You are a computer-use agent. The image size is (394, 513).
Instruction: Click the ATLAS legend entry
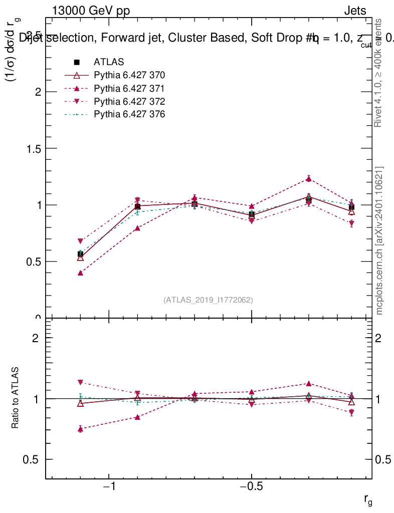[109, 62]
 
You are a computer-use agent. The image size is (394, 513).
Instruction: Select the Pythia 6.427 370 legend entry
[129, 75]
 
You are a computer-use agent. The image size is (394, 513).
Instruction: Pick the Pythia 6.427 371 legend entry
[129, 88]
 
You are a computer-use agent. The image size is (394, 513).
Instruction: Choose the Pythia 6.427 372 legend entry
[129, 101]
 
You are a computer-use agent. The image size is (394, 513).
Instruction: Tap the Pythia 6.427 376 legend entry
[129, 114]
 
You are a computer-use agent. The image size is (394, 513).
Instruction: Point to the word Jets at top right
[355, 11]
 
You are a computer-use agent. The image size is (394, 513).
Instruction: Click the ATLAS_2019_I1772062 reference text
[208, 300]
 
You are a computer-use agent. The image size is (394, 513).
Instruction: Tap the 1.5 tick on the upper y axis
[33, 149]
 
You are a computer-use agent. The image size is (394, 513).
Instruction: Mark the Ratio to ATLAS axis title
[16, 398]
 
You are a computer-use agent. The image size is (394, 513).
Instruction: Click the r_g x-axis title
[368, 499]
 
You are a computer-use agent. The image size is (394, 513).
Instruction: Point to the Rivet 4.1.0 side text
[379, 73]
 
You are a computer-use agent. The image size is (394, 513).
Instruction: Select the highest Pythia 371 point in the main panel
[309, 179]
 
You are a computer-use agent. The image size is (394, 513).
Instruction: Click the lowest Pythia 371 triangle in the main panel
[80, 273]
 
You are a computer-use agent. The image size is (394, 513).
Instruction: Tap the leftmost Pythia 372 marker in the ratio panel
[80, 382]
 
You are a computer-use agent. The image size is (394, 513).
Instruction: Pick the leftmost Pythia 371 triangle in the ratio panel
[80, 429]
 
